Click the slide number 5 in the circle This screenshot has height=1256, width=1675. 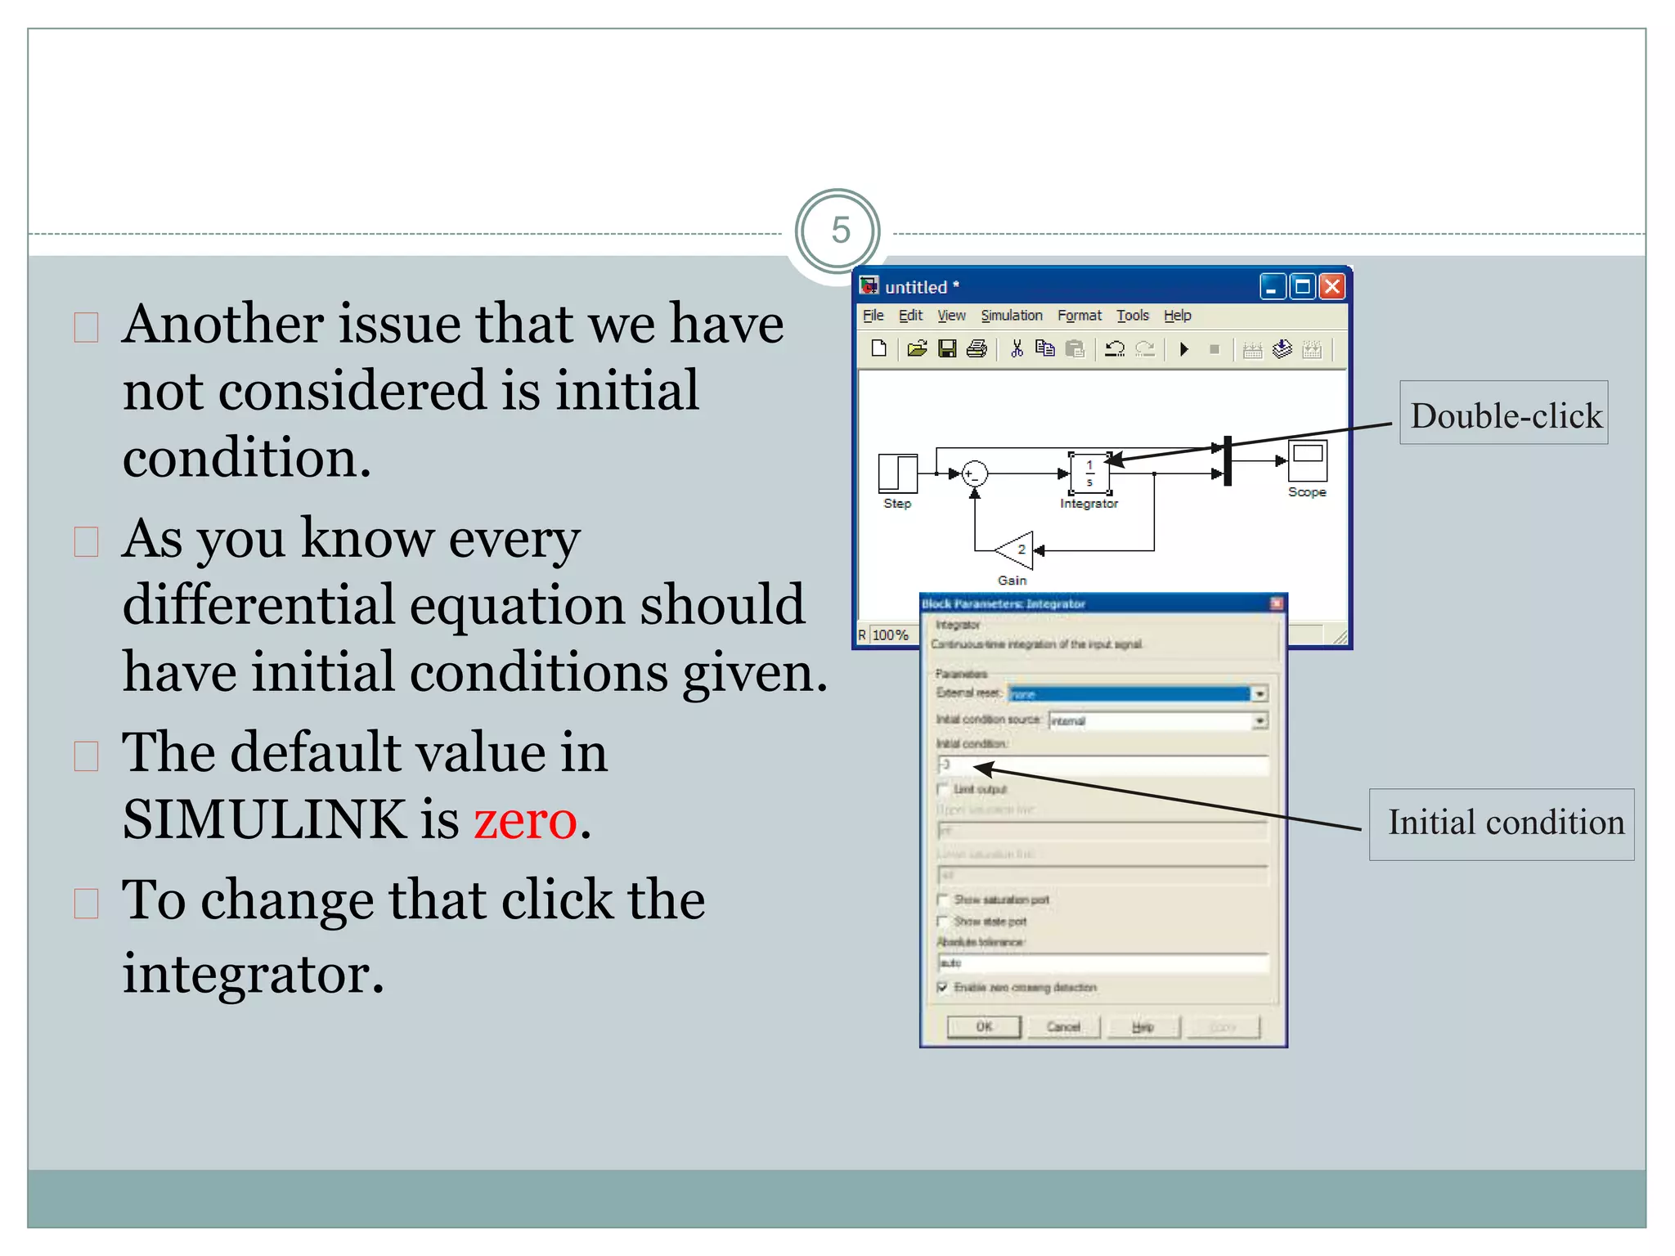839,231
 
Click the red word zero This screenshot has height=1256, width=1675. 525,819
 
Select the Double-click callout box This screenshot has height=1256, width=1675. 1503,415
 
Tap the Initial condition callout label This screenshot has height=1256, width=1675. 1503,823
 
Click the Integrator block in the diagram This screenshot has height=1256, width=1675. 1089,473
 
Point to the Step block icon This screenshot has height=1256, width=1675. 897,473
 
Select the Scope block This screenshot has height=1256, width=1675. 1306,460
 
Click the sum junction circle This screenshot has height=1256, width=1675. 974,473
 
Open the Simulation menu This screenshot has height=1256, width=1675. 1011,316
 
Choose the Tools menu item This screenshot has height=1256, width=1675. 1132,316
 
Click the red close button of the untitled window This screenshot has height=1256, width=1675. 1332,287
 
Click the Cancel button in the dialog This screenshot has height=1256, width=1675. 1063,1027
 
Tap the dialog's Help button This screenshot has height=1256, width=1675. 1143,1027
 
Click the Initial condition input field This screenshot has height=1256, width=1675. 1104,765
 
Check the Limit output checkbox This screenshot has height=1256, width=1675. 943,788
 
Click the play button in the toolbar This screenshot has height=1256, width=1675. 1183,350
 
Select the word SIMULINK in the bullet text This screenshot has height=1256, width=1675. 263,819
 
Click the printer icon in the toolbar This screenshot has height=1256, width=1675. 977,350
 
